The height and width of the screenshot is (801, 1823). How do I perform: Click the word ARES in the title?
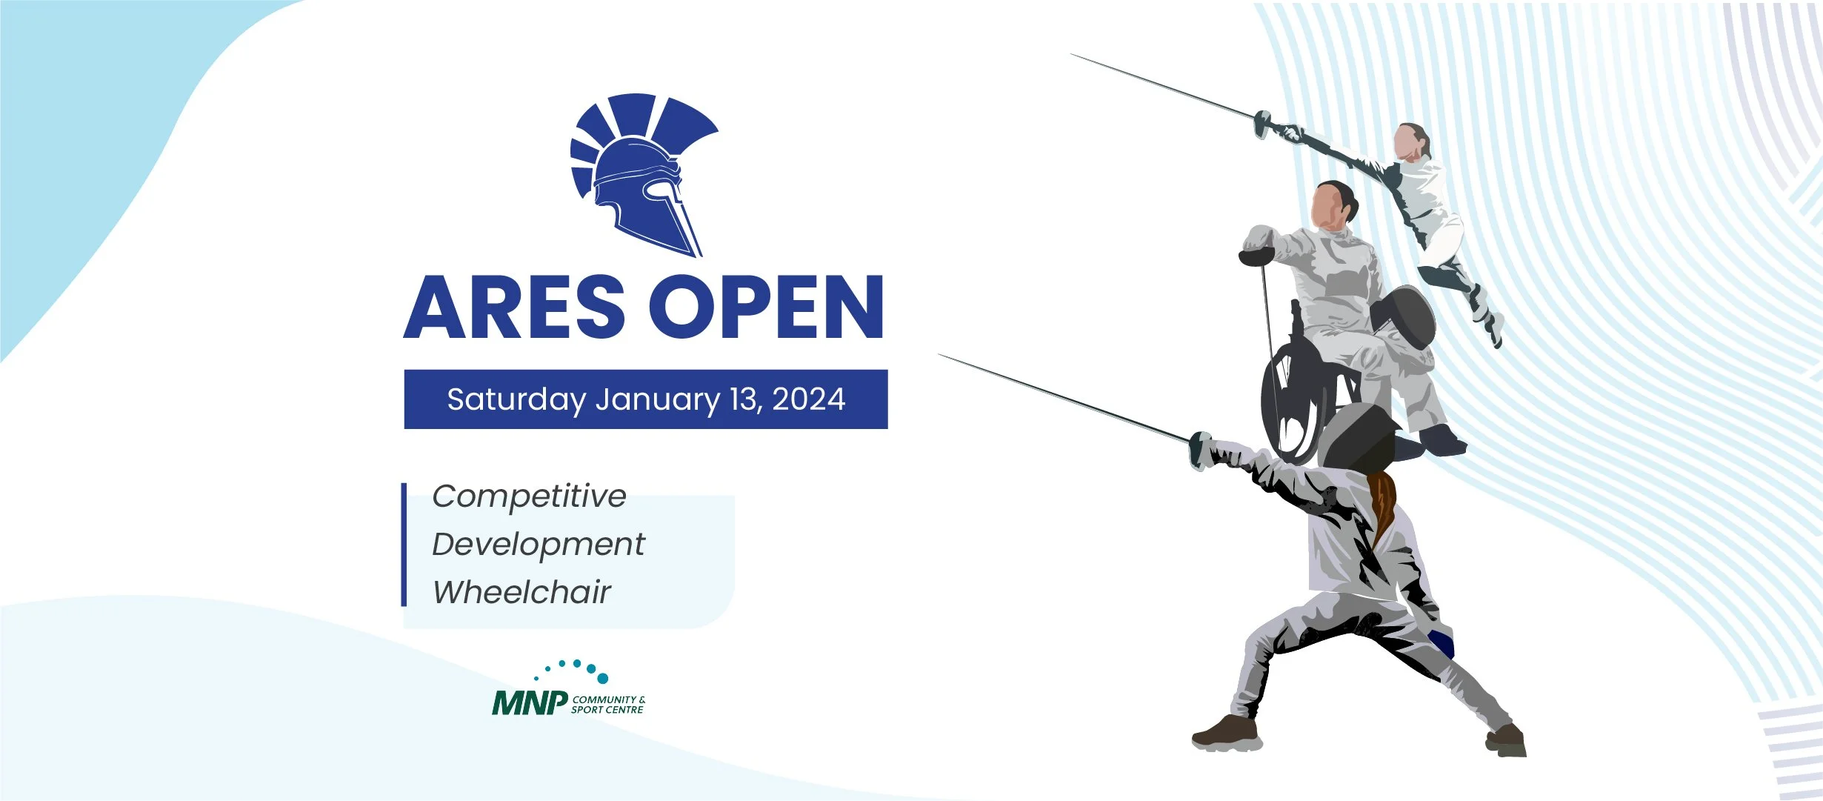tap(514, 307)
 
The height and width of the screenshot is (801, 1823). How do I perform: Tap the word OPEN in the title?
tap(767, 307)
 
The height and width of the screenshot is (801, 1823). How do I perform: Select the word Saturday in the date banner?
tap(516, 400)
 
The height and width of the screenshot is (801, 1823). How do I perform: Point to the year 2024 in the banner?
tap(808, 399)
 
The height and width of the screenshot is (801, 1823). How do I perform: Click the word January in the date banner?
tap(656, 400)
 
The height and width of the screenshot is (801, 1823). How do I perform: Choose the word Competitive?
tap(529, 496)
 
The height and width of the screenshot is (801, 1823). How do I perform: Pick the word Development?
tap(539, 545)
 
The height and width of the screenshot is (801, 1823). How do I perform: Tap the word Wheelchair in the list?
tap(521, 592)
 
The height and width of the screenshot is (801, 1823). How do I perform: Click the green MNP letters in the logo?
tap(530, 703)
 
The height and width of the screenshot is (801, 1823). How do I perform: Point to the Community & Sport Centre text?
tap(607, 705)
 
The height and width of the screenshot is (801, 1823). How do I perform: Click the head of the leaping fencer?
tap(1410, 142)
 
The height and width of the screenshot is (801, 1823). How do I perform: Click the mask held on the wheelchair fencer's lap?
tap(1402, 317)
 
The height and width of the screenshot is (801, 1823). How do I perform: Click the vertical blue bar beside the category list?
tap(404, 545)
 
